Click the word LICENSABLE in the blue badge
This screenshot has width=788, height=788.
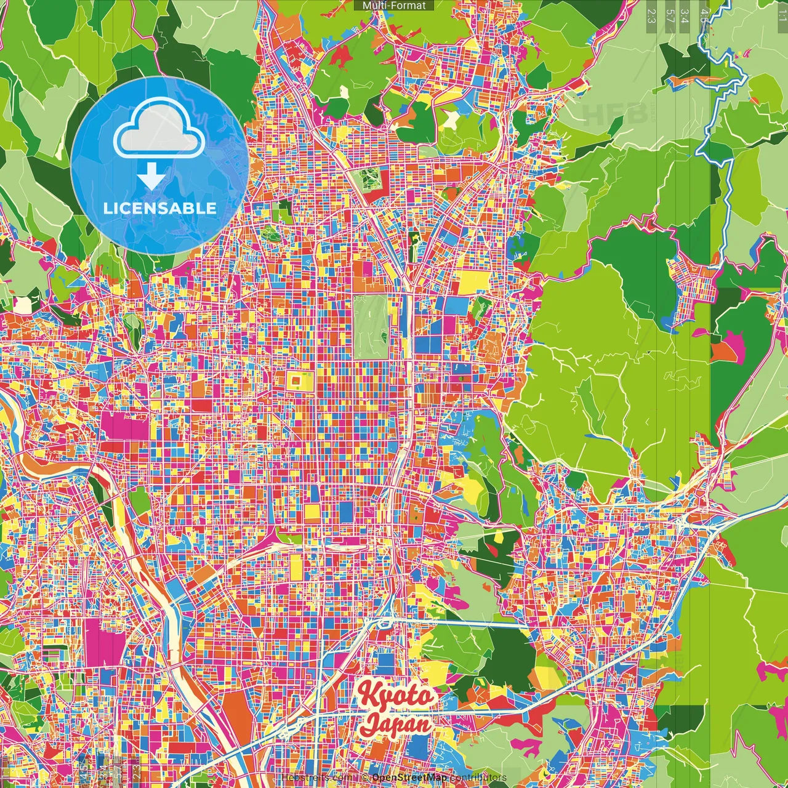(159, 208)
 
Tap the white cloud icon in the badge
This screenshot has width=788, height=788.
(159, 130)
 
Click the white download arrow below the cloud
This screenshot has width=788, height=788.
(151, 177)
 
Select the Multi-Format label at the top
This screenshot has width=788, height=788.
(394, 6)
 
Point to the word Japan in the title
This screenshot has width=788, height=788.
(396, 723)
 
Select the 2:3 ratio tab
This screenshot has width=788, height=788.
(651, 15)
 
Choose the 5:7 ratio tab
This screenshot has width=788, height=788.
(670, 15)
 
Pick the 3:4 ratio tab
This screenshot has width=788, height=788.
(686, 15)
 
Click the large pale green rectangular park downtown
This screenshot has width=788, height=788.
(371, 327)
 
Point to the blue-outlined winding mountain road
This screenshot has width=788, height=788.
(720, 123)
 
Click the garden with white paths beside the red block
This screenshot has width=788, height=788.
(370, 179)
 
